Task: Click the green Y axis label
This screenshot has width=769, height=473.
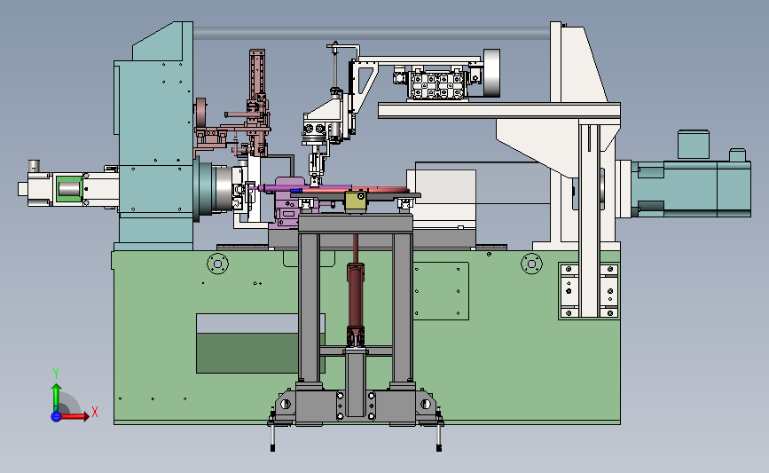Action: point(56,374)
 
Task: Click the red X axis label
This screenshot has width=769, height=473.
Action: point(95,412)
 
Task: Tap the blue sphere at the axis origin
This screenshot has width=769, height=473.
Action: point(56,416)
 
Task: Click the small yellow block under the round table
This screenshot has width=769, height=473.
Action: point(356,201)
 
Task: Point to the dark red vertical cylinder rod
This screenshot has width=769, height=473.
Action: point(356,295)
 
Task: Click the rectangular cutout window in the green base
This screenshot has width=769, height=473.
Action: point(261,343)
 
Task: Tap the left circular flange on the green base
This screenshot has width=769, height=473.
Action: point(218,264)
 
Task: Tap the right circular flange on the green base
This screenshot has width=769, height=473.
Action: point(531,264)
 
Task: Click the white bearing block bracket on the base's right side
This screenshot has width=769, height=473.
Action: point(589,291)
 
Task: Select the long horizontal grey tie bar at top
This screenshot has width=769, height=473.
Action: point(372,34)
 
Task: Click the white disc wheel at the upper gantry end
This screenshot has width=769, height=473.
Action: point(491,73)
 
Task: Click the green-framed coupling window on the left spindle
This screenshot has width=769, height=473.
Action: point(69,188)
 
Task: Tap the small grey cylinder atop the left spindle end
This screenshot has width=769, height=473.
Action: point(34,165)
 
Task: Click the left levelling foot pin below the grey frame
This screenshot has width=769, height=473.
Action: point(272,436)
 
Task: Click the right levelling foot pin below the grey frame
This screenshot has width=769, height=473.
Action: point(439,436)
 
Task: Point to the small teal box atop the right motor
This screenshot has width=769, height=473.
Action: point(693,145)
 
